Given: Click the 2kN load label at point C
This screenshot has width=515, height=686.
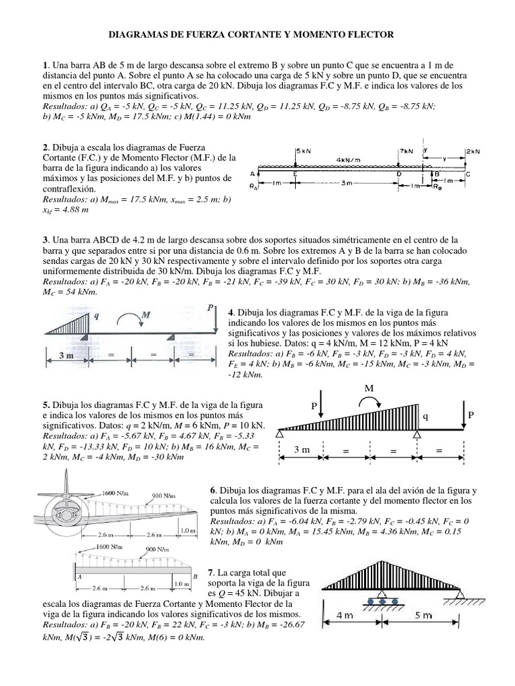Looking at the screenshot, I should click(472, 152).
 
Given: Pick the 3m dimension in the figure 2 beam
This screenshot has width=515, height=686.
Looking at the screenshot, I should click(347, 183).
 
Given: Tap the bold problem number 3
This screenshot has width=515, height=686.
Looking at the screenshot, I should click(45, 239).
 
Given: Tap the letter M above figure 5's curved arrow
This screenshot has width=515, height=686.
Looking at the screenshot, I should click(368, 389).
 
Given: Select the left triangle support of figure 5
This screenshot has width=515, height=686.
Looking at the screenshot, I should click(279, 435).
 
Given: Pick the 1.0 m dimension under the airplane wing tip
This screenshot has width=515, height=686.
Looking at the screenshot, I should click(188, 531).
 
